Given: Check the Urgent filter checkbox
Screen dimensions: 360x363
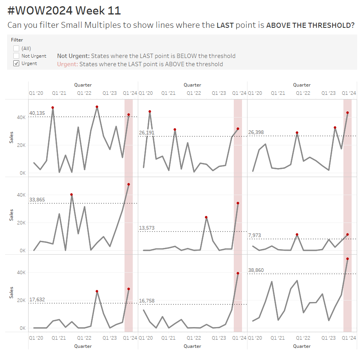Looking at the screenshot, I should click(16, 63).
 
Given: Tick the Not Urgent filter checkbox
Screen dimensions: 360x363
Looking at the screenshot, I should click(16, 56).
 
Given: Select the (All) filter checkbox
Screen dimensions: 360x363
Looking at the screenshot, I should click(16, 49).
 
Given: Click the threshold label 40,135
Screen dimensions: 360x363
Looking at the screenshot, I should click(37, 113).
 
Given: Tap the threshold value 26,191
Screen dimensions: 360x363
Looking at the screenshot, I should click(146, 133).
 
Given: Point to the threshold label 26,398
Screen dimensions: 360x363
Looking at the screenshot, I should click(256, 132).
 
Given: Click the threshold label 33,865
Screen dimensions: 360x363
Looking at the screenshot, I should click(37, 200).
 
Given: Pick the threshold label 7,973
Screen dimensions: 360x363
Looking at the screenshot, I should click(255, 235).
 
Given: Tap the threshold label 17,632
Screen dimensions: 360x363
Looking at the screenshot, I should click(37, 300).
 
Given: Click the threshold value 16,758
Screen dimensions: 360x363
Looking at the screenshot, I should click(146, 301).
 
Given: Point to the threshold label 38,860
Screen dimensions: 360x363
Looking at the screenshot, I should click(256, 270).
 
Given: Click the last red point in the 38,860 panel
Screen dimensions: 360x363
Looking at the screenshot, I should click(347, 259).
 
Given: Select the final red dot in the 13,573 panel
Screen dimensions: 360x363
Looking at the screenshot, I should click(238, 203).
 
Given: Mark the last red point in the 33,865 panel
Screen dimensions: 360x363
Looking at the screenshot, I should click(128, 184).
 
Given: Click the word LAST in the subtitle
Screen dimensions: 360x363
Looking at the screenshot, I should click(225, 26).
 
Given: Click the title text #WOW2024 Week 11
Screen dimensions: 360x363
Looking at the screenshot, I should click(64, 11).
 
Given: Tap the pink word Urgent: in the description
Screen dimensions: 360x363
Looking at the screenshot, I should click(67, 64).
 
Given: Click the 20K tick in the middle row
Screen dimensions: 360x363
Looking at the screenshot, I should click(21, 223).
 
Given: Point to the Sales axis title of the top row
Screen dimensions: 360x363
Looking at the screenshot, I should click(11, 137).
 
